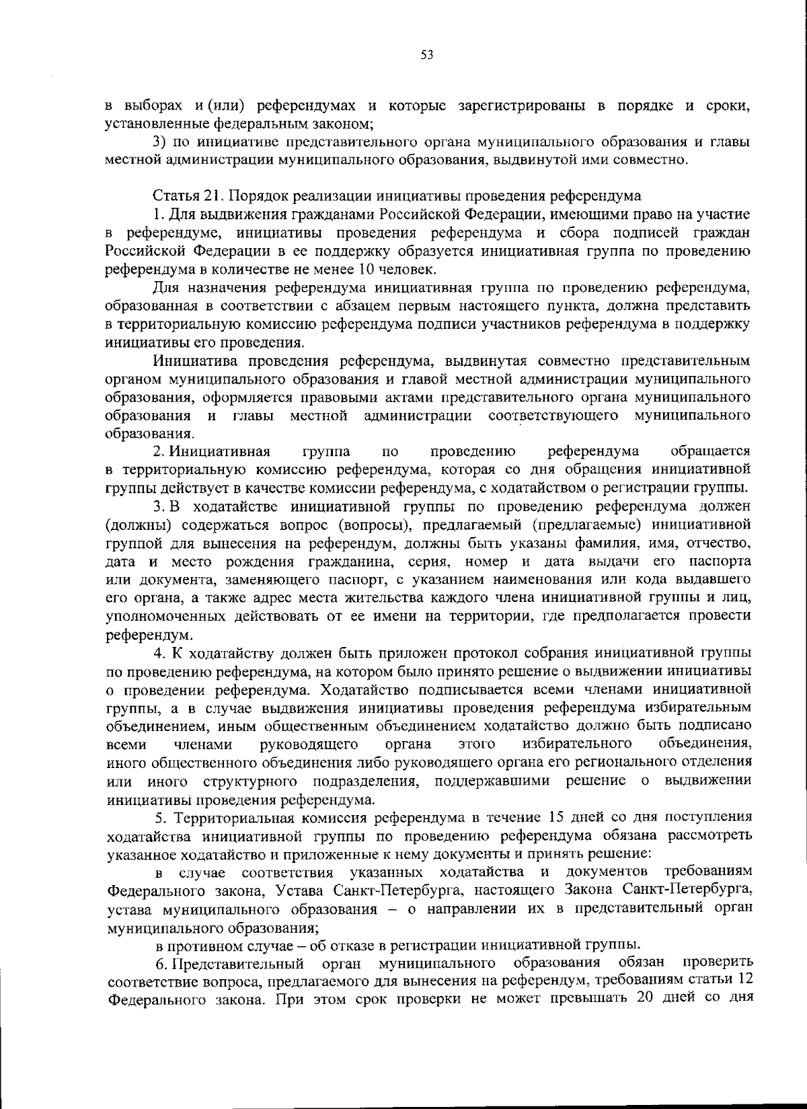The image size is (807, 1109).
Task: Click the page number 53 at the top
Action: click(426, 56)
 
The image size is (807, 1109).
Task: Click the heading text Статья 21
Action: click(184, 196)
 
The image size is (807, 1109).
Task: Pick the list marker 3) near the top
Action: click(159, 142)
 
